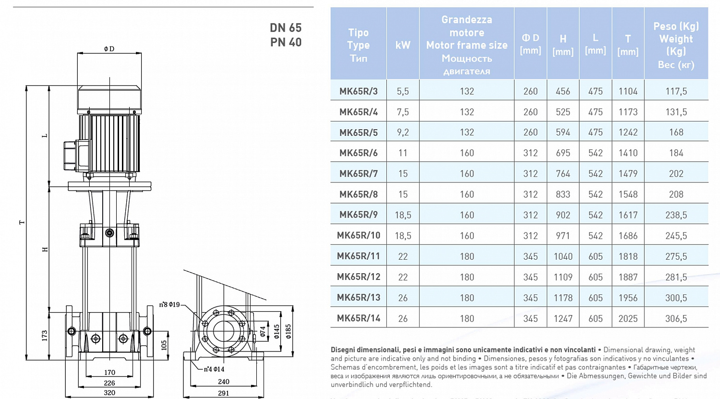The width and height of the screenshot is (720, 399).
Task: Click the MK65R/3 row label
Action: pos(359,91)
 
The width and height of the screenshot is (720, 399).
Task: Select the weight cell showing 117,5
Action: pos(676,91)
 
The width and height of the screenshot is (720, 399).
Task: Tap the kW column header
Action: pos(403,45)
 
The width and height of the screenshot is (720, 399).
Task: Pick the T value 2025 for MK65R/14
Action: pos(628,318)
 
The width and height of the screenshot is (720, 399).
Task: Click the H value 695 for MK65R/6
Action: pos(563,153)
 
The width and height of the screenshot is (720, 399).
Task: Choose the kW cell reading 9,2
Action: pos(403,132)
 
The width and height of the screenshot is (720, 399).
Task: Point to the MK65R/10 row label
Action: pos(359,235)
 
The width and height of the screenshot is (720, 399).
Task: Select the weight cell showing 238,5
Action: pos(676,215)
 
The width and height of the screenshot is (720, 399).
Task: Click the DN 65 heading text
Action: pos(286,28)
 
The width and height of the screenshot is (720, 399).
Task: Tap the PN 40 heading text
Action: pos(286,42)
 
